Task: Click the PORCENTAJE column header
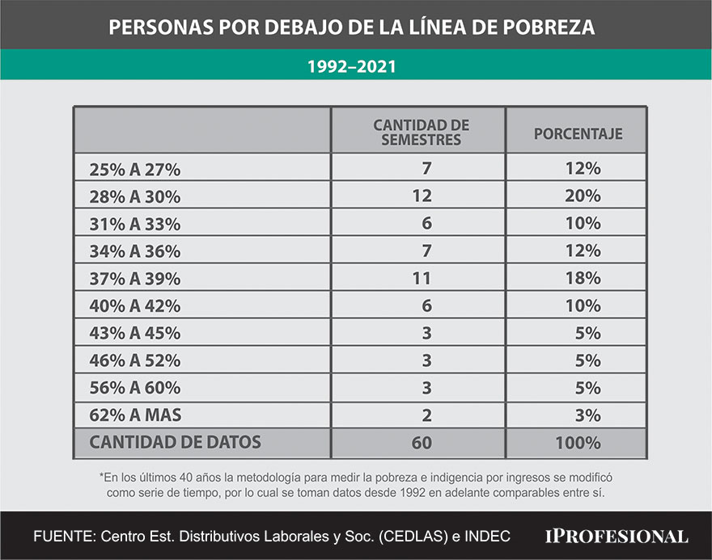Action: tap(578, 133)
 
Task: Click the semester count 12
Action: tap(422, 196)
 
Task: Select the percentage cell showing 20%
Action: tap(583, 196)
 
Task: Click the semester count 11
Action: tap(422, 279)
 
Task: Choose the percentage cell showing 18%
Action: tap(583, 279)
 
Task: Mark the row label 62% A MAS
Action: tap(135, 416)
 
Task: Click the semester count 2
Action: tap(427, 416)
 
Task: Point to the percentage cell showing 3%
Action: tap(587, 416)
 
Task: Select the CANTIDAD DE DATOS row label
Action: tap(175, 443)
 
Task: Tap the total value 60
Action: tap(422, 444)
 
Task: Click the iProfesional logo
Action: tap(617, 536)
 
